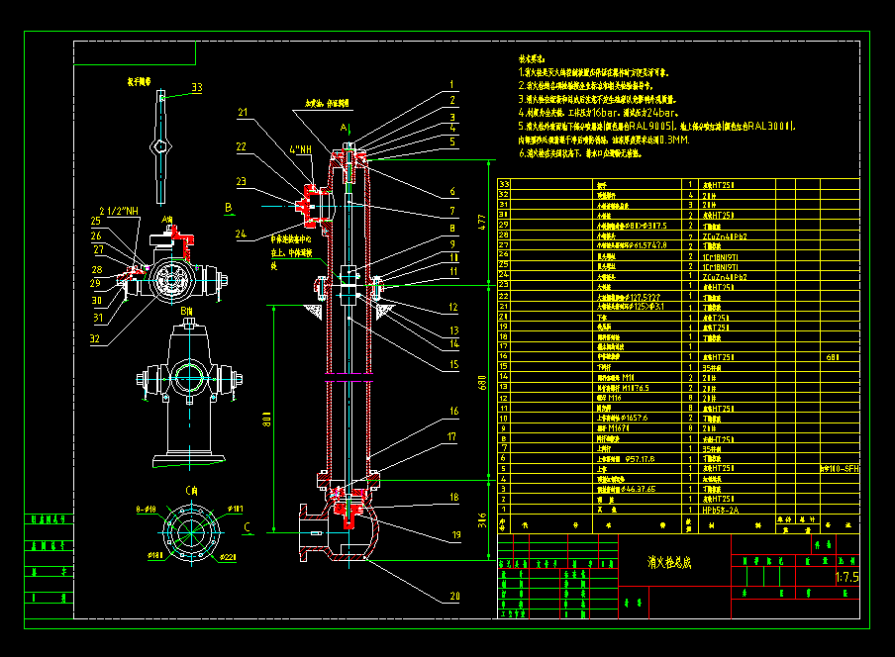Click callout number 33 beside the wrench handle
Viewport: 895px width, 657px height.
[196, 88]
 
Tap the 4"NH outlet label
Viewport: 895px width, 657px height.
[300, 150]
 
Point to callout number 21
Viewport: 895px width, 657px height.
[243, 113]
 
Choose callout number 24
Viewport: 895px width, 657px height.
[243, 235]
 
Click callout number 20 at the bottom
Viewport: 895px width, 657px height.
[453, 596]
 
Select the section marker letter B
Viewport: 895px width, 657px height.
[229, 207]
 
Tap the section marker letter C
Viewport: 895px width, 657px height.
[247, 526]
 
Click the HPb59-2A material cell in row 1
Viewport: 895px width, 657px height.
[717, 510]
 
